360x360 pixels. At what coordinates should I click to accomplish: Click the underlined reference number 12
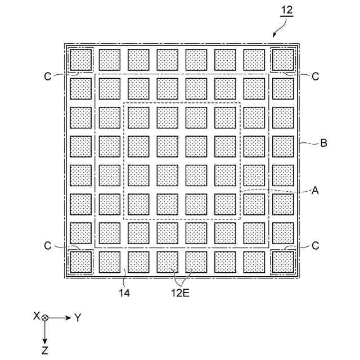point(286,10)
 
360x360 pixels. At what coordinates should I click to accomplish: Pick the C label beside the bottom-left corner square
point(47,246)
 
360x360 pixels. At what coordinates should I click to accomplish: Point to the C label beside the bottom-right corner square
point(316,246)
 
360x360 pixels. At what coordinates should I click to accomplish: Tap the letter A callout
point(316,191)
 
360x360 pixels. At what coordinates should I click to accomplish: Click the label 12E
point(181,292)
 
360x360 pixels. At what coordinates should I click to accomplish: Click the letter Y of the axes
point(78,318)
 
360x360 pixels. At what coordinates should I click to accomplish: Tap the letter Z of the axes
point(45,350)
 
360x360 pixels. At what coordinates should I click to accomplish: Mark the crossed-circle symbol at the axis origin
point(45,318)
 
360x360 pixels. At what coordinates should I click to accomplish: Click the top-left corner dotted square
point(80,59)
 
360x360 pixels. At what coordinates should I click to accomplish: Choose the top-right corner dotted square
point(283,59)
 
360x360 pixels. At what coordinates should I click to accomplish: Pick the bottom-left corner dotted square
point(80,262)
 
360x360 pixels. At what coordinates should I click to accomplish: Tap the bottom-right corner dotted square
point(283,262)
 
